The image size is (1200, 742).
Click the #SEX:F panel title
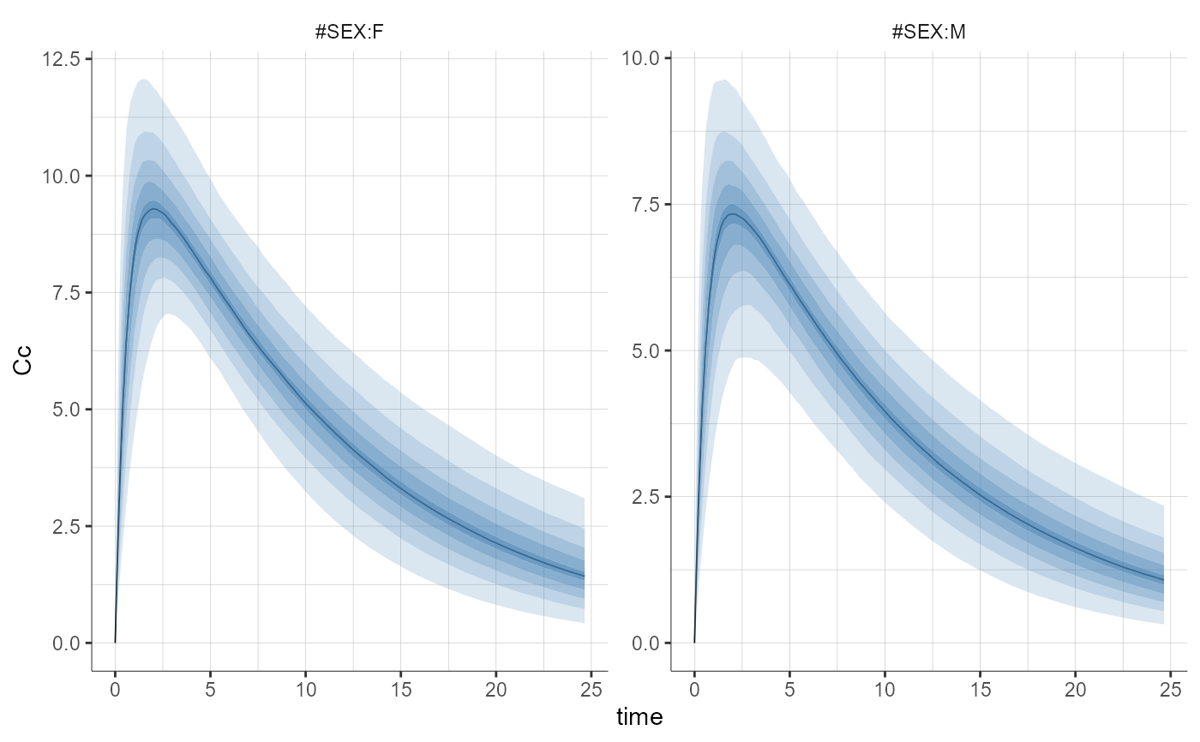tap(350, 35)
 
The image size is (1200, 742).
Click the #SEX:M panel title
tap(928, 35)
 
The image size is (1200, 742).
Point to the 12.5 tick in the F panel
tap(65, 60)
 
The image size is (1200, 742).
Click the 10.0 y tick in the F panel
tap(65, 177)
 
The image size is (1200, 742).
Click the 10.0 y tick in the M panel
tap(644, 58)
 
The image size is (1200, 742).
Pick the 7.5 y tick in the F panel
tap(65, 293)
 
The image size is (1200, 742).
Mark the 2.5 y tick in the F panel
tap(65, 526)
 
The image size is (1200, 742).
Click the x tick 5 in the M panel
tap(789, 690)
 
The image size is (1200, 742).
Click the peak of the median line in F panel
tap(153, 209)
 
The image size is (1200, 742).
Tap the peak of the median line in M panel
tap(730, 213)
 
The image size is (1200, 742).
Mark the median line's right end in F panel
tap(585, 576)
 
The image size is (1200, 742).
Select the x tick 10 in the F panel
tap(305, 690)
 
